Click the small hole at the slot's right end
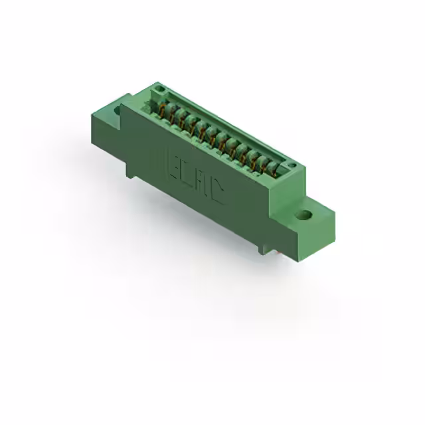click(290, 164)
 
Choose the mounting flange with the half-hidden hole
click(106, 116)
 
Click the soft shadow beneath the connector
click(219, 266)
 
